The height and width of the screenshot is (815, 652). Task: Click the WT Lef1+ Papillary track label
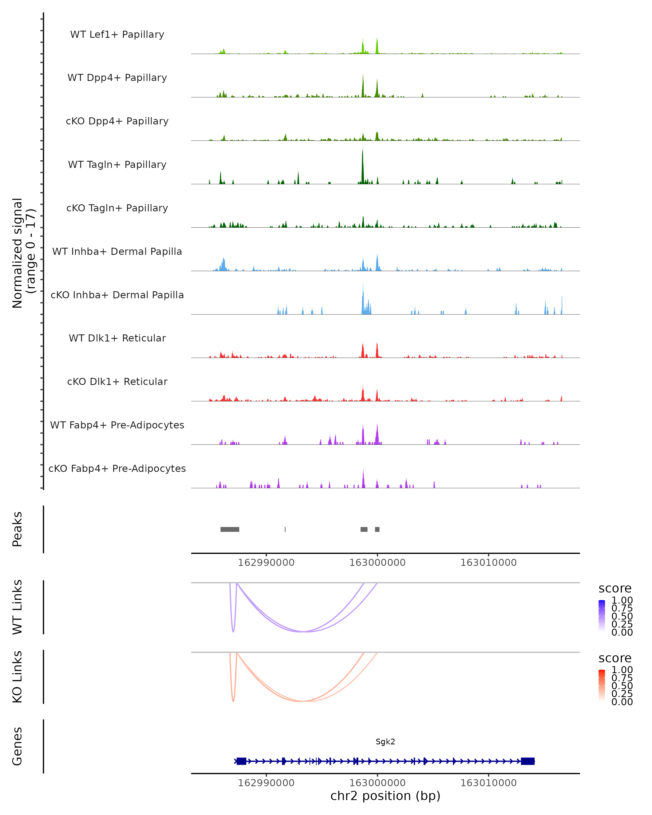tap(117, 35)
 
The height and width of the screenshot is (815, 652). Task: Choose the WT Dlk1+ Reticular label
tap(117, 338)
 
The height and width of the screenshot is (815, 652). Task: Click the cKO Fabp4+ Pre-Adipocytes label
tap(117, 468)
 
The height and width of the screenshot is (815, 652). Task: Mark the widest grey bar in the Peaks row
tap(230, 529)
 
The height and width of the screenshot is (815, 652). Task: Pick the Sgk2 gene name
tap(385, 742)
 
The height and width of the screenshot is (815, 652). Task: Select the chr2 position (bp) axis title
tap(385, 796)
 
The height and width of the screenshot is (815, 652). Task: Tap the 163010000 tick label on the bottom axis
tap(488, 782)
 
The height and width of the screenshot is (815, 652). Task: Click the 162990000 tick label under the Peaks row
tap(266, 563)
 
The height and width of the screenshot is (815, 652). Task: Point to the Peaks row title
tap(17, 529)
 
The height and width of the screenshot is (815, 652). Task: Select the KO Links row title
tap(17, 677)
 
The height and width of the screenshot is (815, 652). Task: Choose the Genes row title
tap(17, 746)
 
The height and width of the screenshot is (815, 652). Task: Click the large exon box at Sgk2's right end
tap(528, 761)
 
